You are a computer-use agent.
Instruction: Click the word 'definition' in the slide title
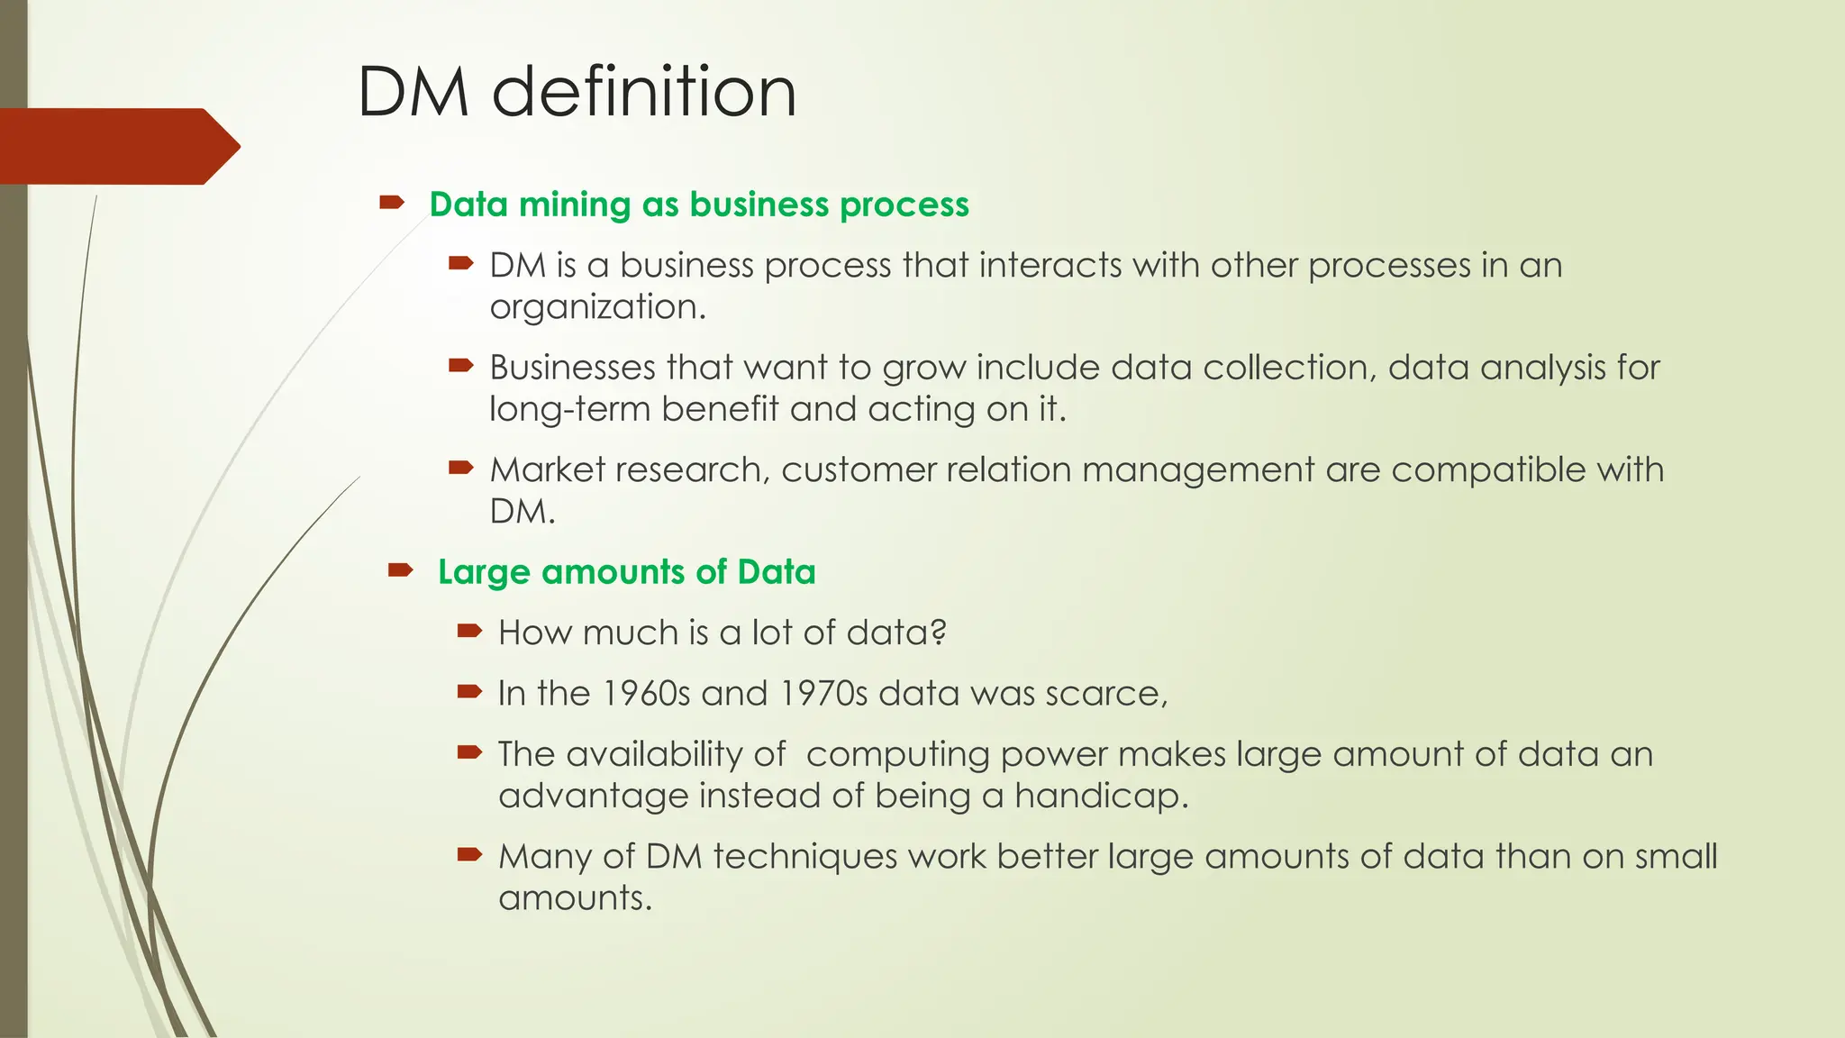click(643, 92)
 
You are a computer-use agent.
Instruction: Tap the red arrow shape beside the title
click(117, 146)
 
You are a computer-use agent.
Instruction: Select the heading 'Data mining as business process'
click(699, 205)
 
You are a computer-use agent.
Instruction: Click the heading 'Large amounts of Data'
click(626, 572)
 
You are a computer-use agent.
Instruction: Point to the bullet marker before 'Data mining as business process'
click(391, 204)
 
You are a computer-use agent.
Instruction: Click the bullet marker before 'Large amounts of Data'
click(400, 569)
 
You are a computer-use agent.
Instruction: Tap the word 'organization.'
click(597, 307)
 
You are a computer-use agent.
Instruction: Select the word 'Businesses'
click(572, 368)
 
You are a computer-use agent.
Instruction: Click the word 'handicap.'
click(1101, 796)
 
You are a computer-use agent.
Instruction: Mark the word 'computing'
click(897, 755)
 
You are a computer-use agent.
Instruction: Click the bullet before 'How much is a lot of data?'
click(469, 631)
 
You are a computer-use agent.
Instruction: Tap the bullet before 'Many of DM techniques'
click(469, 854)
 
